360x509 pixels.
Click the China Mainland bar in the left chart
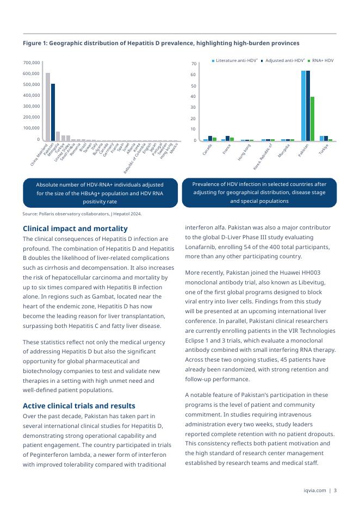pos(48,107)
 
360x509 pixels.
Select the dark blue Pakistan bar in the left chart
pos(53,112)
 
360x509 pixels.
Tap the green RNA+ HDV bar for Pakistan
pos(312,119)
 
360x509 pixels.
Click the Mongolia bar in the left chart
pos(58,136)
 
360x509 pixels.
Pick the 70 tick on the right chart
pos(194,64)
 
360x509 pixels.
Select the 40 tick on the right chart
pos(194,97)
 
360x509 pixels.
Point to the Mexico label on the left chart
pos(173,147)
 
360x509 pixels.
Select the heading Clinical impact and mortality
pos(75,228)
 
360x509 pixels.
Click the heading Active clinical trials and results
pos(79,406)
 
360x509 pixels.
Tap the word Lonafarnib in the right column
pos(202,247)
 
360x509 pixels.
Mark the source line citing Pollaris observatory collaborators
pos(82,214)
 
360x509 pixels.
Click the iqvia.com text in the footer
pos(315,491)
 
